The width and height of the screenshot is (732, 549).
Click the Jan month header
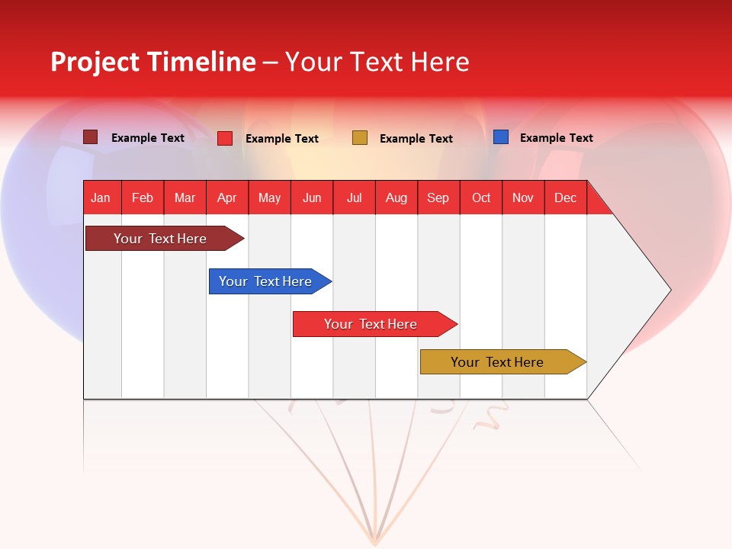tap(101, 197)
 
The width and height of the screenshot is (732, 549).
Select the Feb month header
tap(143, 197)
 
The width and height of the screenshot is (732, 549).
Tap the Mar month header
tap(185, 197)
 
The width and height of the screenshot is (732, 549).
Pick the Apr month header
tap(226, 197)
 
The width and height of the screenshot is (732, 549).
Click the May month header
tap(269, 197)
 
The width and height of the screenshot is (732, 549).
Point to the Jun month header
tap(312, 197)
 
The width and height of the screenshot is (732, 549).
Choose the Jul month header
tap(354, 197)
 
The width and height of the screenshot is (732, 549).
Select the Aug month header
tap(396, 197)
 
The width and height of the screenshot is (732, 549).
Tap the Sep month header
tap(438, 197)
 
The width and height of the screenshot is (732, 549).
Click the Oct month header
tap(481, 197)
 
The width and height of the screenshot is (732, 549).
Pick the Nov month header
tap(523, 197)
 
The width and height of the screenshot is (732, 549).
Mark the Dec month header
tap(566, 197)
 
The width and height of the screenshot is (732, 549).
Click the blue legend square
tap(501, 137)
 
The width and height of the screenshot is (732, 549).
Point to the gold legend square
tap(360, 138)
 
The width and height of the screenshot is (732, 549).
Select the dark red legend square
tap(91, 137)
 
